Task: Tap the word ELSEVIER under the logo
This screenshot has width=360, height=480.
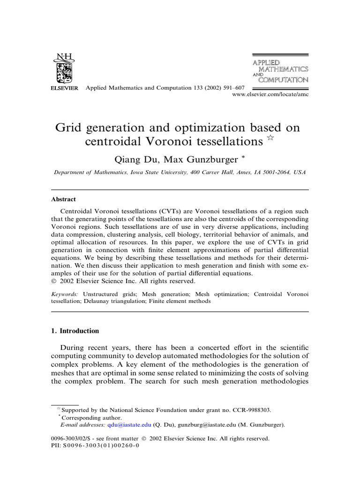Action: point(64,89)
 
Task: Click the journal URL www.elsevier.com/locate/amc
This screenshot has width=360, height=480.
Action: point(270,94)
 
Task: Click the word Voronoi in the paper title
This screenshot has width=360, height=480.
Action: point(176,141)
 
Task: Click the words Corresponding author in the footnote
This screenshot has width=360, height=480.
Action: point(91,418)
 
